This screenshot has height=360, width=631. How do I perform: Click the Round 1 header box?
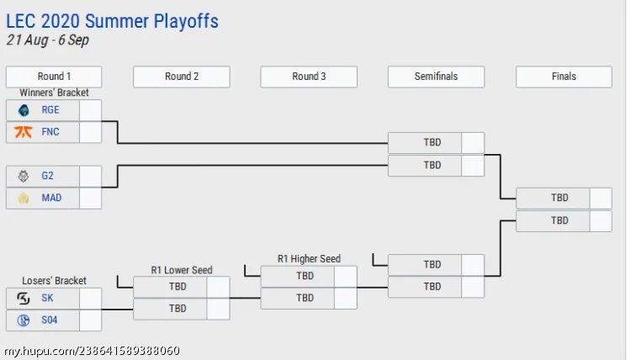coord(54,77)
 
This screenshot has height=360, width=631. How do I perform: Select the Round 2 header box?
coord(182,77)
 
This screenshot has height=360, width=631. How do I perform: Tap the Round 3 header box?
coord(309,77)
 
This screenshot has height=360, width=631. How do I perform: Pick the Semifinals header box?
coord(436,77)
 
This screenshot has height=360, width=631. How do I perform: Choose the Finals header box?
coord(564,77)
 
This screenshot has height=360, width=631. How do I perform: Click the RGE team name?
coord(50,110)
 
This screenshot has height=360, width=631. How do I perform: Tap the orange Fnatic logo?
coord(24,132)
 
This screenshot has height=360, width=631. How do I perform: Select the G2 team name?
coord(47,176)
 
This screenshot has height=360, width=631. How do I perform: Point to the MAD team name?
coord(51,198)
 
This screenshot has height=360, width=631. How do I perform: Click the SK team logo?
coord(24,298)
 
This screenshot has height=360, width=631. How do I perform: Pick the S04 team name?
coord(50,320)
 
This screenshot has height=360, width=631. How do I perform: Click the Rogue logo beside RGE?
coord(24,110)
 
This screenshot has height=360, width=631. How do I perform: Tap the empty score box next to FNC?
coord(91,132)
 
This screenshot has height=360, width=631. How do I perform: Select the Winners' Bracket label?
coord(54,93)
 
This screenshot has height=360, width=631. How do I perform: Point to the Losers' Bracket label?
coord(54,281)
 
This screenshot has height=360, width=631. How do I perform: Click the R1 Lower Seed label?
coord(182,270)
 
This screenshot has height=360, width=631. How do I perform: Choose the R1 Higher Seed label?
coord(309,258)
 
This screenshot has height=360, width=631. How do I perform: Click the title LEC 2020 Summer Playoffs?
coord(112,21)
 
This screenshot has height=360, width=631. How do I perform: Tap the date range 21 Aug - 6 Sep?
coord(47,40)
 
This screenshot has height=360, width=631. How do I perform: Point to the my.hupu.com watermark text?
coord(92,351)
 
